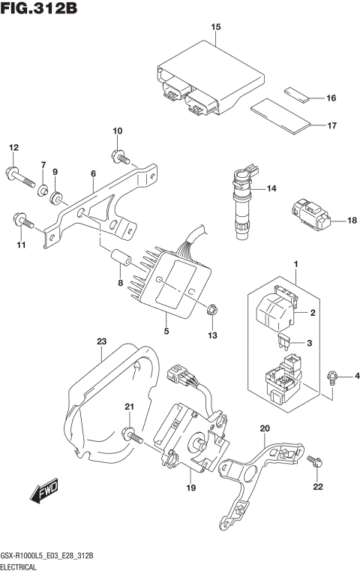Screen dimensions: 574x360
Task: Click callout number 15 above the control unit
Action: pyautogui.click(x=216, y=28)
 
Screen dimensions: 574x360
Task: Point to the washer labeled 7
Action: pyautogui.click(x=44, y=188)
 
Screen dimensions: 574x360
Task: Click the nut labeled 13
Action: pyautogui.click(x=211, y=308)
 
